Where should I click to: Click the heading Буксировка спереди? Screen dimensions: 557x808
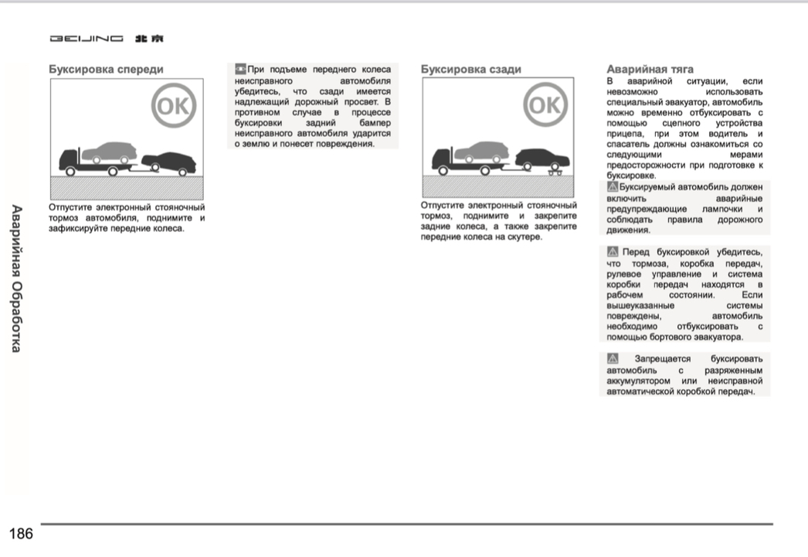106,70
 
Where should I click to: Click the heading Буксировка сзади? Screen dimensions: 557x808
470,70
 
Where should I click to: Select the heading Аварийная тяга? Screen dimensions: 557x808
650,70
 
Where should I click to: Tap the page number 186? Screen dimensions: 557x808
21,533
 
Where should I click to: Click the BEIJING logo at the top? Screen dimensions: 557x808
107,39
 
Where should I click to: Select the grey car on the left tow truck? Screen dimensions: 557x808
107,150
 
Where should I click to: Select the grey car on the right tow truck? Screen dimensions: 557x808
480,150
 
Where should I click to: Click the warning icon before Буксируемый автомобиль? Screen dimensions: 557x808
613,186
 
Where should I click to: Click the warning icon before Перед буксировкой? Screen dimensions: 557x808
613,251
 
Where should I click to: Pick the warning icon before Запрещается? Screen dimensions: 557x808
613,359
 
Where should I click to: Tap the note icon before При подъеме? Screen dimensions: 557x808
240,70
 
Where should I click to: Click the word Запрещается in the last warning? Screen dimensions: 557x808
665,359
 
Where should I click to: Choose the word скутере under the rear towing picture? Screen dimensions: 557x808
523,237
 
